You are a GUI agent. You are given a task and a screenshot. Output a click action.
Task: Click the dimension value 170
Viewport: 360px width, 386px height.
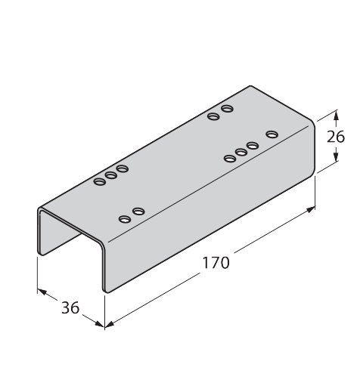point(216,263)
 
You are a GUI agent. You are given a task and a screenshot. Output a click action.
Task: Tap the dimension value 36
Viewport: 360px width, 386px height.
point(70,307)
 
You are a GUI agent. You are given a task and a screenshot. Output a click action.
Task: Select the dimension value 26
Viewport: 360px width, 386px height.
point(336,137)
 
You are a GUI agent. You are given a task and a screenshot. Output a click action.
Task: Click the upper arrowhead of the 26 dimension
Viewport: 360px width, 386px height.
point(336,116)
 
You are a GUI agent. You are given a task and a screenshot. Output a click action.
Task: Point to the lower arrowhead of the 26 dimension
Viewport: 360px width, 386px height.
point(336,156)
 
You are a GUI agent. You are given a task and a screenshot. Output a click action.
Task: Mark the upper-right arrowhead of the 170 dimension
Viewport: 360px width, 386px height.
point(311,209)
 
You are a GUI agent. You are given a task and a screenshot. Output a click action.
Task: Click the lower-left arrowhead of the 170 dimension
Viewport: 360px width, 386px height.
point(110,324)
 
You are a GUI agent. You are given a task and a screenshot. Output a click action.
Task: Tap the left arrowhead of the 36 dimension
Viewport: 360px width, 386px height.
point(42,292)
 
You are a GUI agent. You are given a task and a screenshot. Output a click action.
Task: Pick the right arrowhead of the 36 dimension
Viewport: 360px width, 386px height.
point(100,324)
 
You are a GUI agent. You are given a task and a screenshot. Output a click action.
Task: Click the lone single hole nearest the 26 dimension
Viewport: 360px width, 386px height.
point(272,134)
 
